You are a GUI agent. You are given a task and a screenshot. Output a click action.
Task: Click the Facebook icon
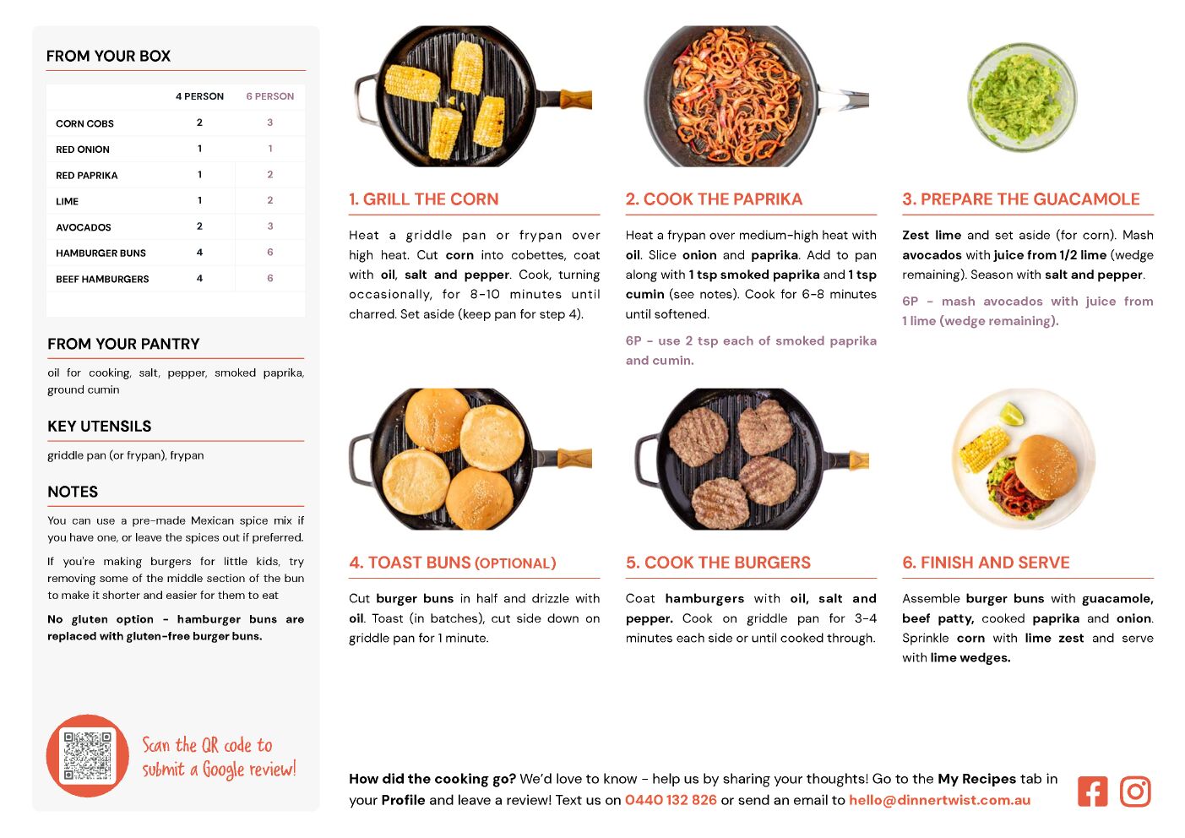(x=1092, y=791)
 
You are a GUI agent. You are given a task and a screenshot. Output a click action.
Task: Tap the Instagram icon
(x=1134, y=791)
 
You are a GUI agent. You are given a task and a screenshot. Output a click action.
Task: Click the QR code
(x=87, y=755)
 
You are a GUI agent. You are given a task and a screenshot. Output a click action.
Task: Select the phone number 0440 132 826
(x=671, y=799)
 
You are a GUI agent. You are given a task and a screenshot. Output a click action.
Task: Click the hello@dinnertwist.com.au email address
(x=939, y=799)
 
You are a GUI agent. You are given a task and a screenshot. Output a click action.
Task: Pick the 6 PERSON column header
(x=269, y=96)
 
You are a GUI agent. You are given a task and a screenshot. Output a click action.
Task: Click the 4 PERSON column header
(x=199, y=96)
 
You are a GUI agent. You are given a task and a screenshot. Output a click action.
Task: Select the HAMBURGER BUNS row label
(x=101, y=253)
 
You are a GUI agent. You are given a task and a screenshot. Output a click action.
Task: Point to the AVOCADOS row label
(x=83, y=227)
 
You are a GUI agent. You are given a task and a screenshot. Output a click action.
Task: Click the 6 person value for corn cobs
(x=269, y=122)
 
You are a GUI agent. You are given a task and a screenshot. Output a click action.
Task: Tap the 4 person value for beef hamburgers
(x=199, y=278)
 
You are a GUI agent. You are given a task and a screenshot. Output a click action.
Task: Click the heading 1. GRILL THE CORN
(x=423, y=199)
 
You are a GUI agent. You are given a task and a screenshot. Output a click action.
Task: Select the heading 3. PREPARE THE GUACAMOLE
(x=1021, y=199)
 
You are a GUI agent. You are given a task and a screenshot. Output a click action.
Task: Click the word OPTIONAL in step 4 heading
(x=514, y=563)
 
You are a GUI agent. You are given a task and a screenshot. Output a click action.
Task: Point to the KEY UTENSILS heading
(x=100, y=426)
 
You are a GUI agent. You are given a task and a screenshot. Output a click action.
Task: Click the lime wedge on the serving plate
(x=1012, y=414)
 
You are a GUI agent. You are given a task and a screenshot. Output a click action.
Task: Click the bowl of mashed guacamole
(x=1022, y=97)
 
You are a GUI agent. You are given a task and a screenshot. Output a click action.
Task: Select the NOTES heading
(x=73, y=492)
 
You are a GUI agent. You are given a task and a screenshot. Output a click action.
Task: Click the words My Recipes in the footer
(x=976, y=779)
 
